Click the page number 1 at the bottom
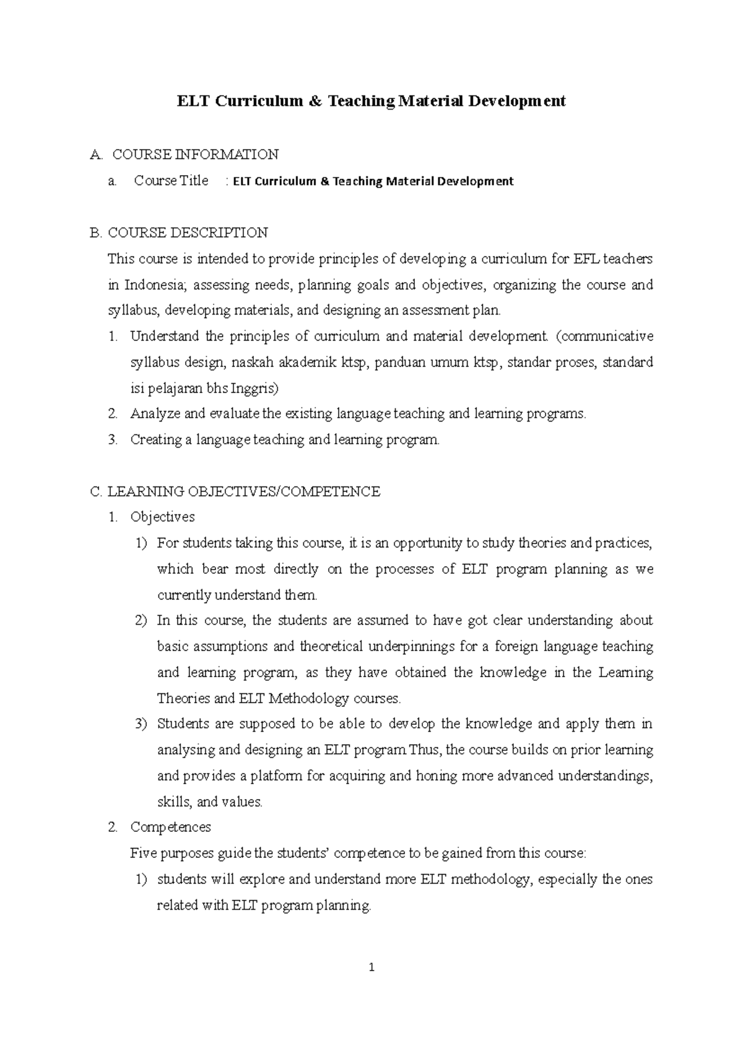(x=371, y=967)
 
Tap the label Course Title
(x=172, y=181)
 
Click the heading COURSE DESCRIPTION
(x=188, y=233)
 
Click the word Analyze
(x=155, y=414)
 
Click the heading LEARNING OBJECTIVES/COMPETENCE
(x=243, y=492)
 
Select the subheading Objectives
(x=162, y=517)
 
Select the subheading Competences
(x=170, y=828)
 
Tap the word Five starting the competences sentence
(x=143, y=854)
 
